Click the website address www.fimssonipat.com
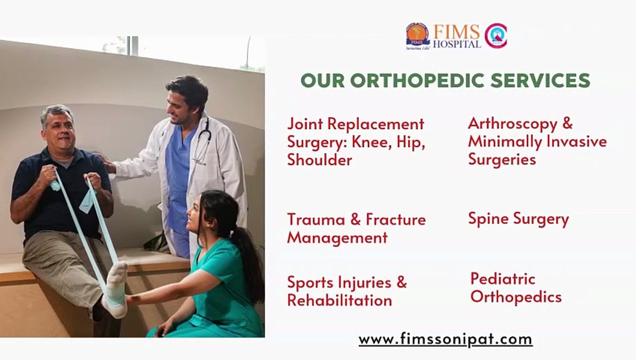[445, 340]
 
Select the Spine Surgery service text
[518, 219]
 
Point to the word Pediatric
[502, 279]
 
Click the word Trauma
[315, 219]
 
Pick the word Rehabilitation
[339, 300]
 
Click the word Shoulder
[319, 160]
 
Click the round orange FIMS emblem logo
[417, 36]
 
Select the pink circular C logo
[495, 36]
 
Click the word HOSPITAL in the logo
[456, 44]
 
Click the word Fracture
[395, 219]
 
